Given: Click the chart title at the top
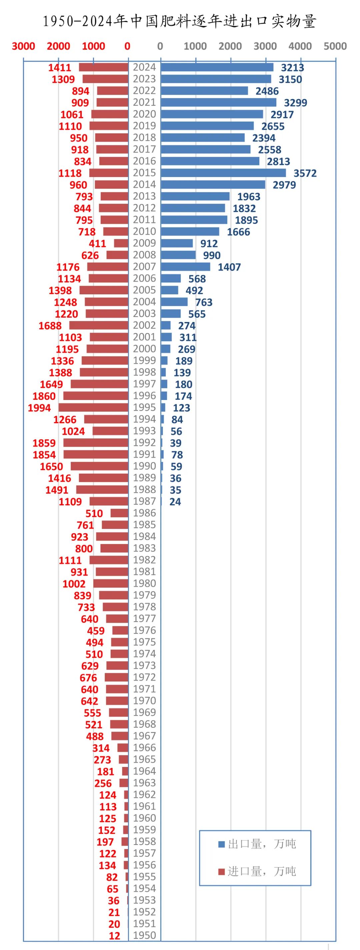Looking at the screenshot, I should click(x=180, y=21).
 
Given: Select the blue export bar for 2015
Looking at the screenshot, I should click(x=223, y=173).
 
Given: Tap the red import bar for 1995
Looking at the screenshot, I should click(x=93, y=408).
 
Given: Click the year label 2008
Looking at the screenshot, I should click(x=144, y=255).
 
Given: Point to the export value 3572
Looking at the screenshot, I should click(x=305, y=173).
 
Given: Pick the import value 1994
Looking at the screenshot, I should click(x=39, y=408).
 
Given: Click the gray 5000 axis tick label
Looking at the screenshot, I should click(x=335, y=46).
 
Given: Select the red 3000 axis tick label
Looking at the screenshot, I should click(x=23, y=46).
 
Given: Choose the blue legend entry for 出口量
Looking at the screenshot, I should click(x=257, y=844).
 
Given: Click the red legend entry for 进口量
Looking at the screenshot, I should click(x=257, y=871).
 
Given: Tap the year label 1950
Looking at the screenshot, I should click(x=144, y=935).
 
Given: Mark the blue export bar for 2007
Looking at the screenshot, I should click(x=186, y=267).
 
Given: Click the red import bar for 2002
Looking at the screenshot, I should click(x=99, y=325).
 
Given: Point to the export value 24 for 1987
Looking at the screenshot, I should click(x=175, y=502).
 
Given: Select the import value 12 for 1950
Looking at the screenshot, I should click(x=114, y=936).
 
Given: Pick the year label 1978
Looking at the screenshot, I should click(x=144, y=607).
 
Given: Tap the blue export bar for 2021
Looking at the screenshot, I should click(x=218, y=103).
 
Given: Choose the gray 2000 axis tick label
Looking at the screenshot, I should click(x=230, y=46).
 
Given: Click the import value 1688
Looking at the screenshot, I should click(x=50, y=326).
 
